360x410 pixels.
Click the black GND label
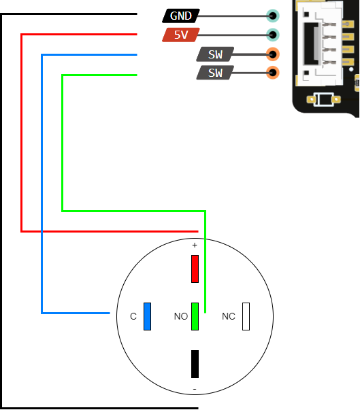pos(181,16)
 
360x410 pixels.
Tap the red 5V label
pos(180,35)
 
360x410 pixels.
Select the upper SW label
pos(215,54)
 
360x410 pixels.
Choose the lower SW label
pos(215,73)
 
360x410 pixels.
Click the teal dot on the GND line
pos(273,16)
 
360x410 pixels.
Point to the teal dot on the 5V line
pos(273,35)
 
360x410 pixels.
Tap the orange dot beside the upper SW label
pos(273,54)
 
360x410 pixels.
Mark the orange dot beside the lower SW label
pos(273,73)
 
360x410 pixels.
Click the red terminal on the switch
pos(195,269)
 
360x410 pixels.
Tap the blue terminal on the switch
pos(147,317)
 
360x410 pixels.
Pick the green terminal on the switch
pos(195,317)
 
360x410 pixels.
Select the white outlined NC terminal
pos(246,317)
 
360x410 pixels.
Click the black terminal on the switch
pos(195,364)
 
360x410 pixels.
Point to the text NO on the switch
pos(180,317)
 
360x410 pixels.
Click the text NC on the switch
pos(229,317)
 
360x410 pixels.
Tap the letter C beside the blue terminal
pos(133,317)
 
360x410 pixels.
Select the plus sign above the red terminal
pos(195,245)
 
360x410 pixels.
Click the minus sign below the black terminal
pos(195,389)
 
